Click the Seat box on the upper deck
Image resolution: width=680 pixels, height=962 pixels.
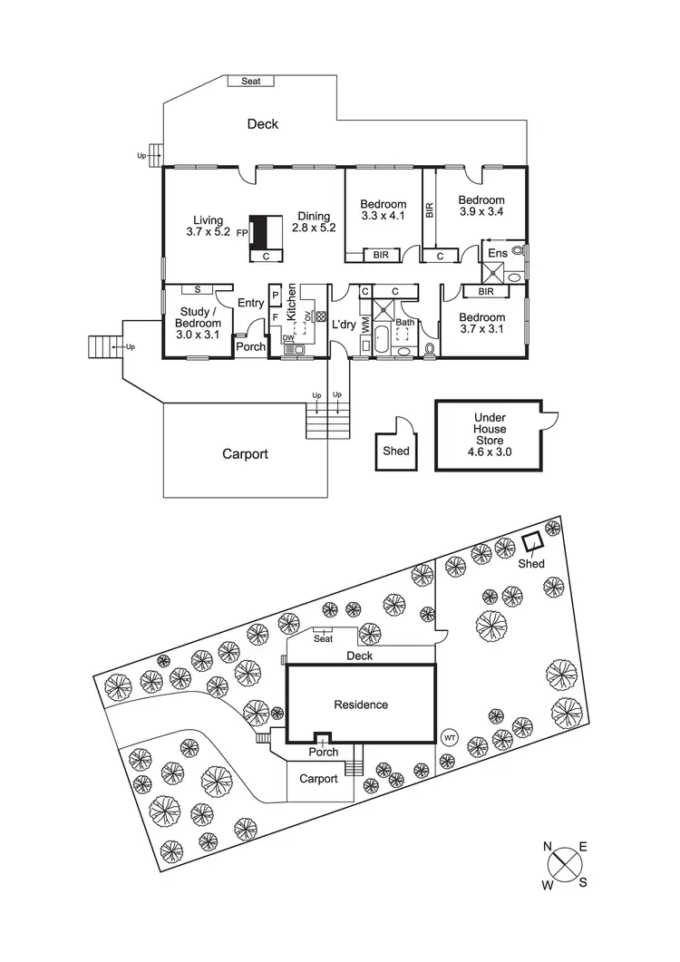[x=251, y=81]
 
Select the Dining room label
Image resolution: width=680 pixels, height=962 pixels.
[x=314, y=217]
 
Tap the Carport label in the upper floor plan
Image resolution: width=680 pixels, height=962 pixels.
[x=245, y=454]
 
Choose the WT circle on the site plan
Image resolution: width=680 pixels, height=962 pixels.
[x=449, y=737]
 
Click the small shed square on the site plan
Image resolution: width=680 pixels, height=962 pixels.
[x=532, y=542]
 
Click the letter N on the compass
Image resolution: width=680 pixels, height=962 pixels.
[x=548, y=846]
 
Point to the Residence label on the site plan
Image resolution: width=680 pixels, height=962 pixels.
[x=361, y=704]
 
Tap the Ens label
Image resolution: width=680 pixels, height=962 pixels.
[x=498, y=252]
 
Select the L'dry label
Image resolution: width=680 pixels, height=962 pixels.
[x=344, y=325]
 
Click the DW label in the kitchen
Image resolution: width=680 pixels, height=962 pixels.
[x=287, y=337]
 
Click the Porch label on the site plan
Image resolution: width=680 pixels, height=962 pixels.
[x=324, y=752]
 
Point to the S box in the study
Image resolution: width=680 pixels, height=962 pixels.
[x=197, y=289]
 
